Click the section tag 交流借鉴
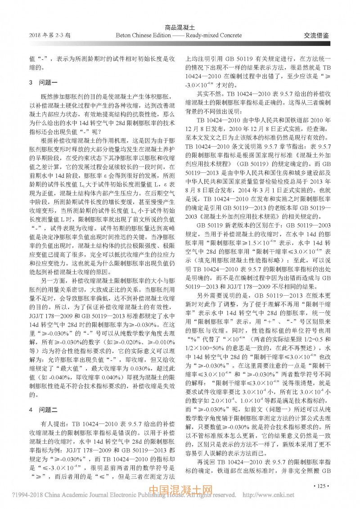click(x=314, y=35)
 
